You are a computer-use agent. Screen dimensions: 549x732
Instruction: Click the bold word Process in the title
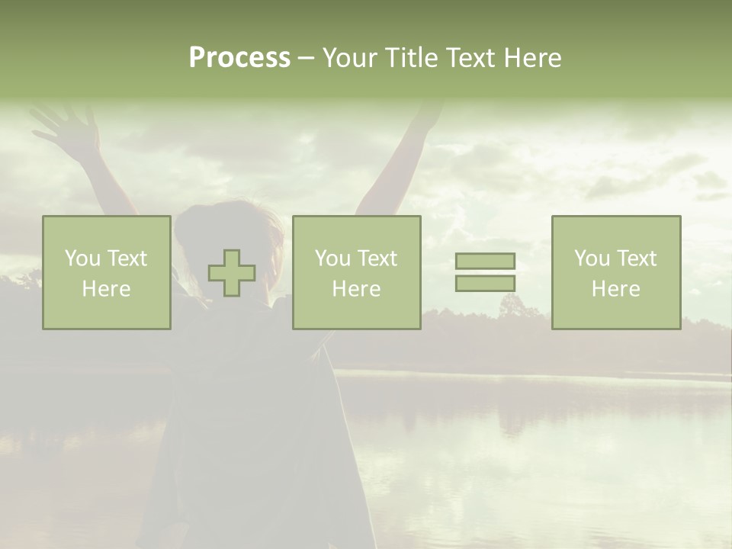tap(239, 58)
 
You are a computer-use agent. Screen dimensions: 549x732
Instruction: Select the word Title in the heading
tap(410, 58)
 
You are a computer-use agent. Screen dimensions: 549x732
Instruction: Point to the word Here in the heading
tap(532, 58)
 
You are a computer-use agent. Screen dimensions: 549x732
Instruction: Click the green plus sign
tap(232, 273)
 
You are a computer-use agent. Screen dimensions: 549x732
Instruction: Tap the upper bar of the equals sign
tap(485, 261)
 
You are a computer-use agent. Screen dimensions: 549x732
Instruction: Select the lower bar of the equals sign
tap(485, 283)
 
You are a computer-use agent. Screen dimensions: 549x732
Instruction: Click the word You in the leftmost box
tap(82, 258)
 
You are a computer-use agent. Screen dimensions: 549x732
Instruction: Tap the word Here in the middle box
tap(356, 289)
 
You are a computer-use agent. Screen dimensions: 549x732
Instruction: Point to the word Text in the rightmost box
tap(635, 258)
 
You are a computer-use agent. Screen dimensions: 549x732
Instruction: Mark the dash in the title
tap(306, 58)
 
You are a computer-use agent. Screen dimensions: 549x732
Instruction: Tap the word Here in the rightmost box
tap(615, 289)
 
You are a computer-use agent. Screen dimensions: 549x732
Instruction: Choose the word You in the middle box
tap(332, 258)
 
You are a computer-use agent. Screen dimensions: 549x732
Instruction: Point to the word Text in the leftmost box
tap(126, 258)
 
